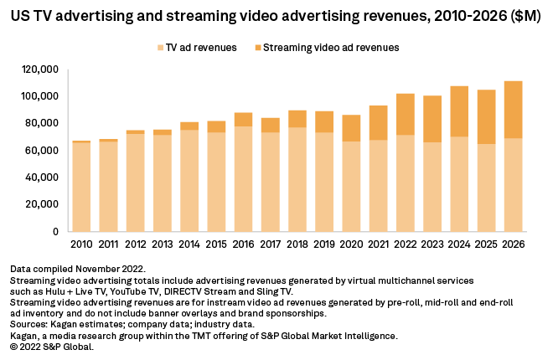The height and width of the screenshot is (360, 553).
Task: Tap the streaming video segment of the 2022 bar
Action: tap(405, 115)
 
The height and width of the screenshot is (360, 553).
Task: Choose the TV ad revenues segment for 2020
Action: tap(351, 186)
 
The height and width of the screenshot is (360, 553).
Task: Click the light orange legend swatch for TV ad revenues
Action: tap(160, 48)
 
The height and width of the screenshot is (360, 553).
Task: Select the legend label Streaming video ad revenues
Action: tap(331, 48)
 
